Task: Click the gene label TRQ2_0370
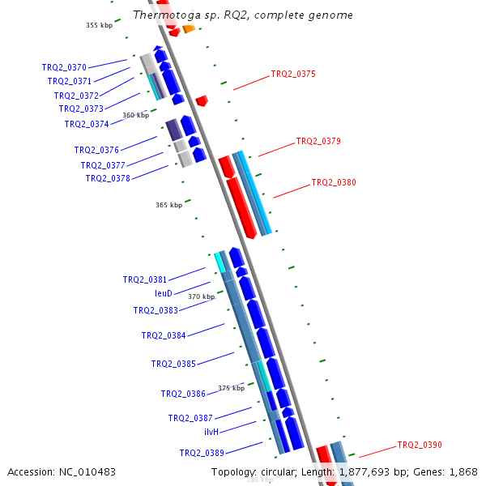click(x=64, y=67)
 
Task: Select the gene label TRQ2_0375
click(x=293, y=74)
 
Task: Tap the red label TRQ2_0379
click(x=318, y=141)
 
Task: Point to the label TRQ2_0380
click(x=334, y=182)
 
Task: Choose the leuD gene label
click(x=164, y=293)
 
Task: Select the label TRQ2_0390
click(x=420, y=445)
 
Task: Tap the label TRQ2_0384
click(x=164, y=335)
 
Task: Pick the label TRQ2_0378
click(x=108, y=178)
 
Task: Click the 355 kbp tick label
click(x=100, y=25)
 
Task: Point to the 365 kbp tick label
click(x=168, y=205)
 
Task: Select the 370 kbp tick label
click(x=201, y=296)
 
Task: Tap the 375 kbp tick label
click(x=231, y=388)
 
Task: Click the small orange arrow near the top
click(x=189, y=29)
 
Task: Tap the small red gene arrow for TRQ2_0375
click(x=202, y=101)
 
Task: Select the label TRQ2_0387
click(x=190, y=418)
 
